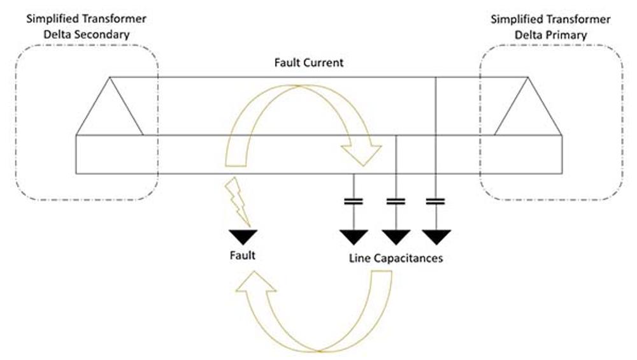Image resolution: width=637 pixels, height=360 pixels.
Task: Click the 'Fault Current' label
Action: click(x=308, y=63)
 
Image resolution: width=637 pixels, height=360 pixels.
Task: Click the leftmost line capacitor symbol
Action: click(x=354, y=201)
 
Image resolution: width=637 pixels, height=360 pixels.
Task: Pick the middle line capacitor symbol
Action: click(x=396, y=201)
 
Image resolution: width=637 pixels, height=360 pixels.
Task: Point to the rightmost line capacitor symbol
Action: click(x=435, y=201)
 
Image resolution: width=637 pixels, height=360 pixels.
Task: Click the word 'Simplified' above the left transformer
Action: click(x=50, y=20)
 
